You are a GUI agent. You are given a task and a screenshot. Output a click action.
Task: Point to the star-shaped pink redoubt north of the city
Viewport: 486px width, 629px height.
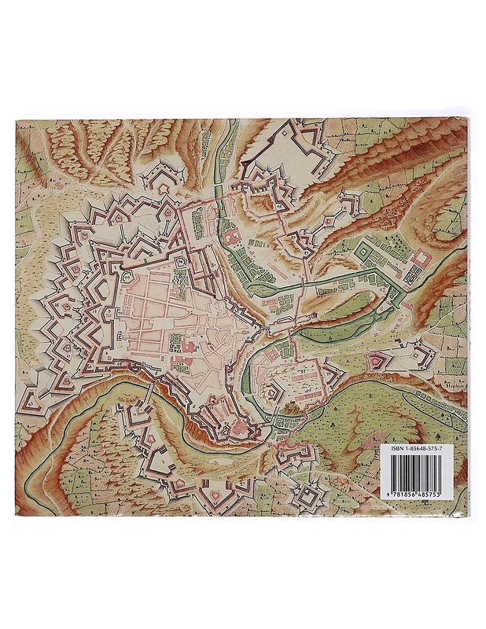click(164, 183)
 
